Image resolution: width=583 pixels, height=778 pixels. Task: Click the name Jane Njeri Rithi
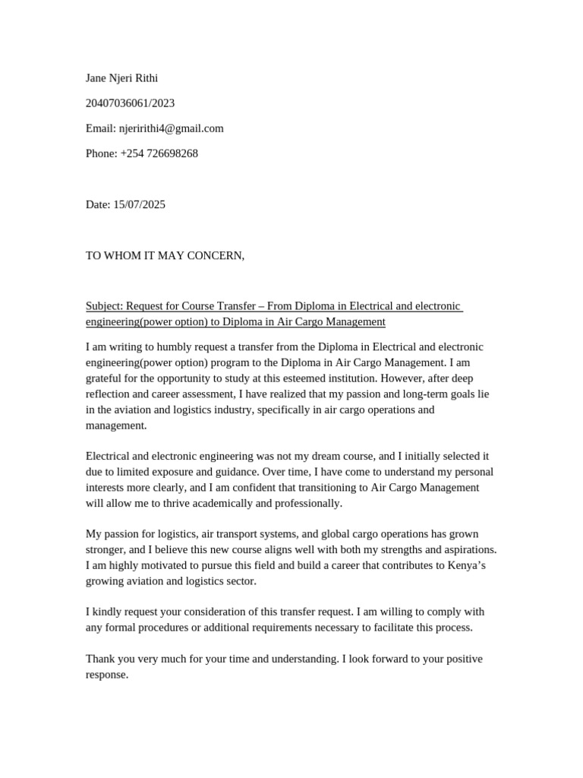(121, 77)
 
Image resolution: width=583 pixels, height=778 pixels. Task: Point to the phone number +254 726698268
(159, 153)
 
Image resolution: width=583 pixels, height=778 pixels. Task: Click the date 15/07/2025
(139, 204)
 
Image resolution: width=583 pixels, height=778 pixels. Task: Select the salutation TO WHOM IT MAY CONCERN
(165, 255)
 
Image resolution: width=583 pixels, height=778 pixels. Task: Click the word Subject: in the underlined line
(104, 306)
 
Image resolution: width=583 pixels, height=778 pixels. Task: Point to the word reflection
(109, 394)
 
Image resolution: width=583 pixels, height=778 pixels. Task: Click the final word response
(106, 675)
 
